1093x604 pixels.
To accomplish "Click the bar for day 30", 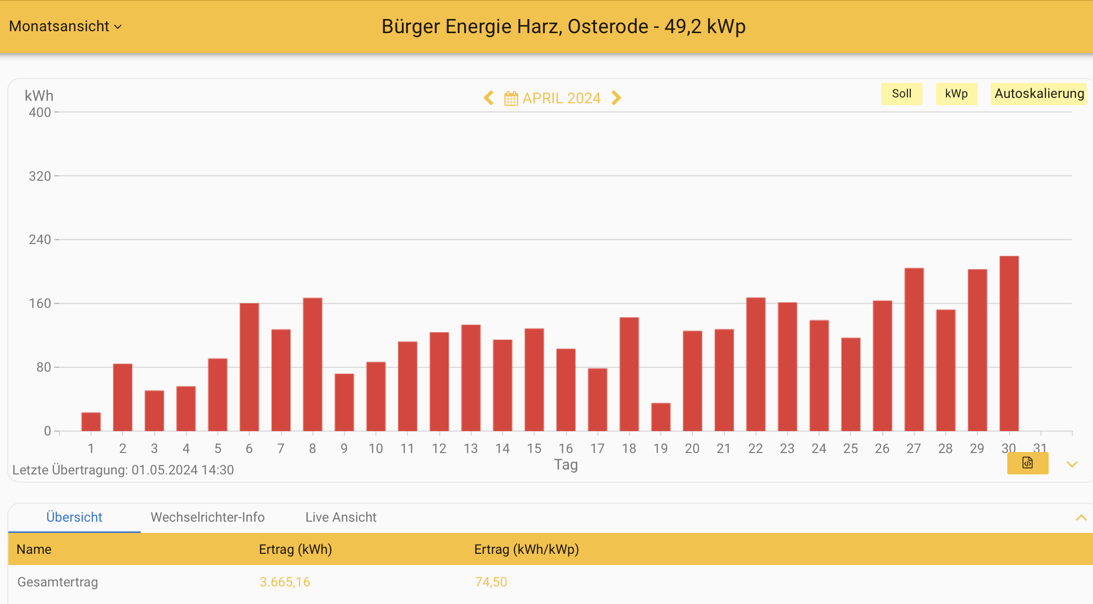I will tap(1009, 343).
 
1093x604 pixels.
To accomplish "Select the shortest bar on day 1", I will tap(91, 422).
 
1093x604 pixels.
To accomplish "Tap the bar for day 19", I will tap(660, 417).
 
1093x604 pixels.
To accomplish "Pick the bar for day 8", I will tap(312, 364).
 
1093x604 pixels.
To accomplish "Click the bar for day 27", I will tap(914, 349).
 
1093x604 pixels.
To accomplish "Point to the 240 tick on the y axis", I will tap(40, 240).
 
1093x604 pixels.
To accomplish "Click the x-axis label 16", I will tap(565, 448).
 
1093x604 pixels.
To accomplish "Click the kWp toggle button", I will tap(956, 94).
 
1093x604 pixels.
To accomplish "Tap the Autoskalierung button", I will tap(1039, 94).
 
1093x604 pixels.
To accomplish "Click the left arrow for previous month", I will tap(489, 98).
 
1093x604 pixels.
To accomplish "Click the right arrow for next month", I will tap(616, 98).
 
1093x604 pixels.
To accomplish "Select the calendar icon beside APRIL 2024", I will tap(511, 98).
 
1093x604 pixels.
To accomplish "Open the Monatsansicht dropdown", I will tap(65, 26).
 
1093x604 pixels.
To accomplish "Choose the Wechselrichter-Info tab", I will tap(207, 517).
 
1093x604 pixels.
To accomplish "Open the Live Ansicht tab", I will tap(340, 517).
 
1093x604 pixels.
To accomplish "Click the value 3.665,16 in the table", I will tap(284, 582).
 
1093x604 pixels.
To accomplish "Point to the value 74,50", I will tap(490, 582).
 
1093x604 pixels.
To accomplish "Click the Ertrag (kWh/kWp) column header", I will tap(526, 549).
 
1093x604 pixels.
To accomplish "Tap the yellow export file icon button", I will tap(1027, 463).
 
